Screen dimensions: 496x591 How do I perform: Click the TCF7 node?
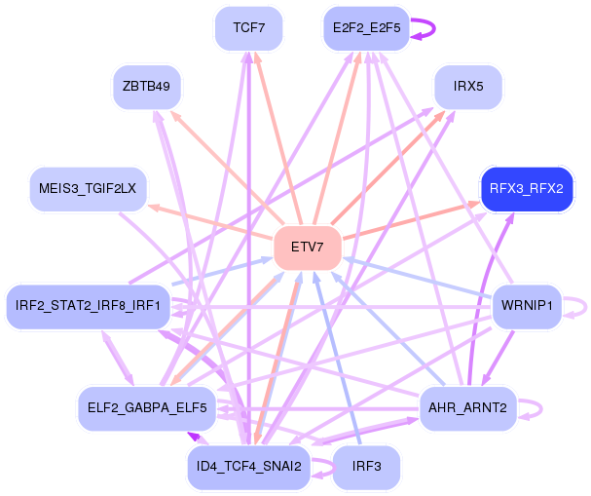coord(249,27)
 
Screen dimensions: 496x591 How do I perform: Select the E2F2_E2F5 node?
coord(366,27)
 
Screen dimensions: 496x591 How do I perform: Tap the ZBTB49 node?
coord(147,87)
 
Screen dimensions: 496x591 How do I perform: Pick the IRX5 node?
coord(468,87)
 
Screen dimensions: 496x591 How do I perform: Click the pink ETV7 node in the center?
coord(307,247)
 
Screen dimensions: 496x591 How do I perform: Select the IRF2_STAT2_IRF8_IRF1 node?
coord(89,307)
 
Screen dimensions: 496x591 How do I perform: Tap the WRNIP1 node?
coord(526,307)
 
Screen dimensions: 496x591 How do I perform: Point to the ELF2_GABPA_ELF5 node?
coord(146,407)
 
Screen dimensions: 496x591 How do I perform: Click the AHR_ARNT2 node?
coord(466,407)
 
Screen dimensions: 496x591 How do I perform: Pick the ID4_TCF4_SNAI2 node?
coord(248,467)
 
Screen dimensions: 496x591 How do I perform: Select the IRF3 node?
coord(366,467)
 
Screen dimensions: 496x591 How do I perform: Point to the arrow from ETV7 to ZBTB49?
coord(234,173)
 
